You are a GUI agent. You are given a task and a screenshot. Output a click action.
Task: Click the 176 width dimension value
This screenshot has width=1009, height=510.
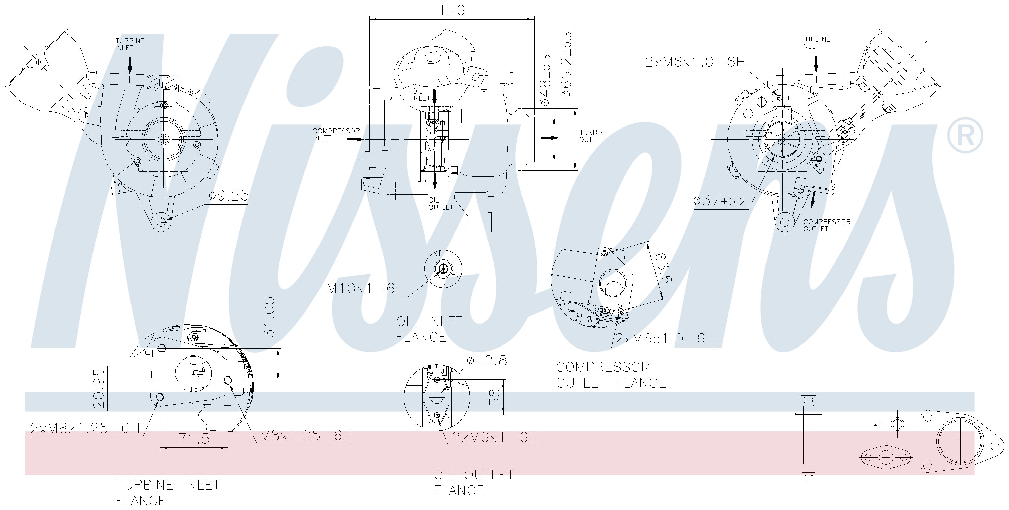click(452, 10)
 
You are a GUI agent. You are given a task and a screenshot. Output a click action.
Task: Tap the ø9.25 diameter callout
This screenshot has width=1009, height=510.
click(228, 195)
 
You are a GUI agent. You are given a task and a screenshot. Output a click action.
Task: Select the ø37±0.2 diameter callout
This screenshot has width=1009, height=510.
click(719, 201)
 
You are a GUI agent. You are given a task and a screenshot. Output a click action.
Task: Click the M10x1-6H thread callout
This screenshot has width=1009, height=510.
click(366, 288)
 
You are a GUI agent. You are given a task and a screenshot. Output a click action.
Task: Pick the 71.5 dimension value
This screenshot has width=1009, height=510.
click(194, 439)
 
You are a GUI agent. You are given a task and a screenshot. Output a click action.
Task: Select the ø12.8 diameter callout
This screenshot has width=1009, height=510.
click(486, 360)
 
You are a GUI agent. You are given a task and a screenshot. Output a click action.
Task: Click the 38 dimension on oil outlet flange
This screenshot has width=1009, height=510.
click(496, 397)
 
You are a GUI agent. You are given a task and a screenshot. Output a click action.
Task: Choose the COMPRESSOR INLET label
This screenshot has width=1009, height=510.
click(336, 134)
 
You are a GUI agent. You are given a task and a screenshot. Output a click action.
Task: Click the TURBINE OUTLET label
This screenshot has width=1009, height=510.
click(593, 136)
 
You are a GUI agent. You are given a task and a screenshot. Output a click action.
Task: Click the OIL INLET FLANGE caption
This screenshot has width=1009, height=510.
click(429, 329)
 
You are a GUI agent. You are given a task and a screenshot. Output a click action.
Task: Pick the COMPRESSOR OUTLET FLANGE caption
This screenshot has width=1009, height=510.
click(611, 375)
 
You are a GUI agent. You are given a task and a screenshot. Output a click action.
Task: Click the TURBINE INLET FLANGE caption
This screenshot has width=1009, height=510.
click(167, 493)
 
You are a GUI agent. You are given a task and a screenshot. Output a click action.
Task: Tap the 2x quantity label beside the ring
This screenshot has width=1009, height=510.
click(878, 424)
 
